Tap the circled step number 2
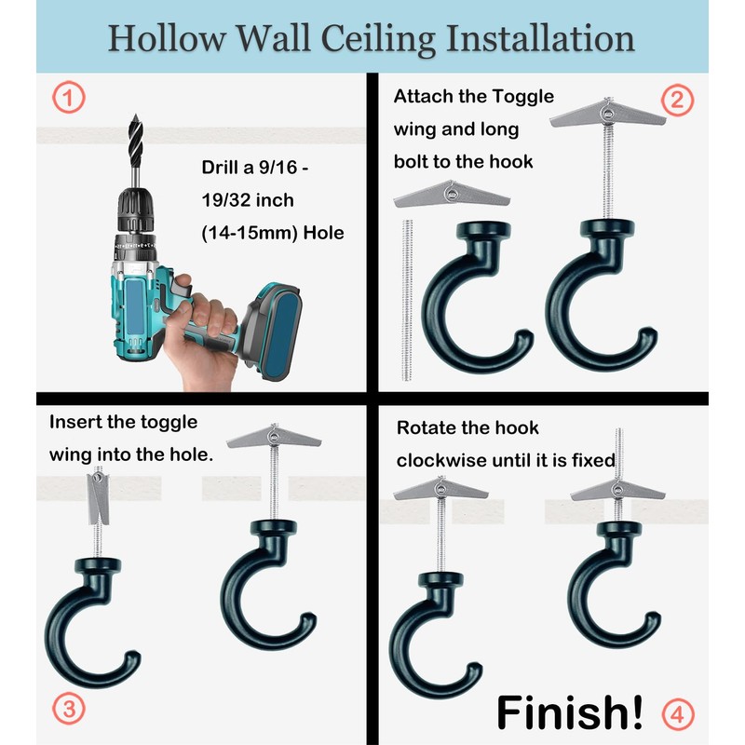click(x=677, y=100)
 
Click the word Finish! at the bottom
click(x=569, y=711)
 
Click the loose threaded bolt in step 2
click(x=407, y=298)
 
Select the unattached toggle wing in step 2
click(x=452, y=195)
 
